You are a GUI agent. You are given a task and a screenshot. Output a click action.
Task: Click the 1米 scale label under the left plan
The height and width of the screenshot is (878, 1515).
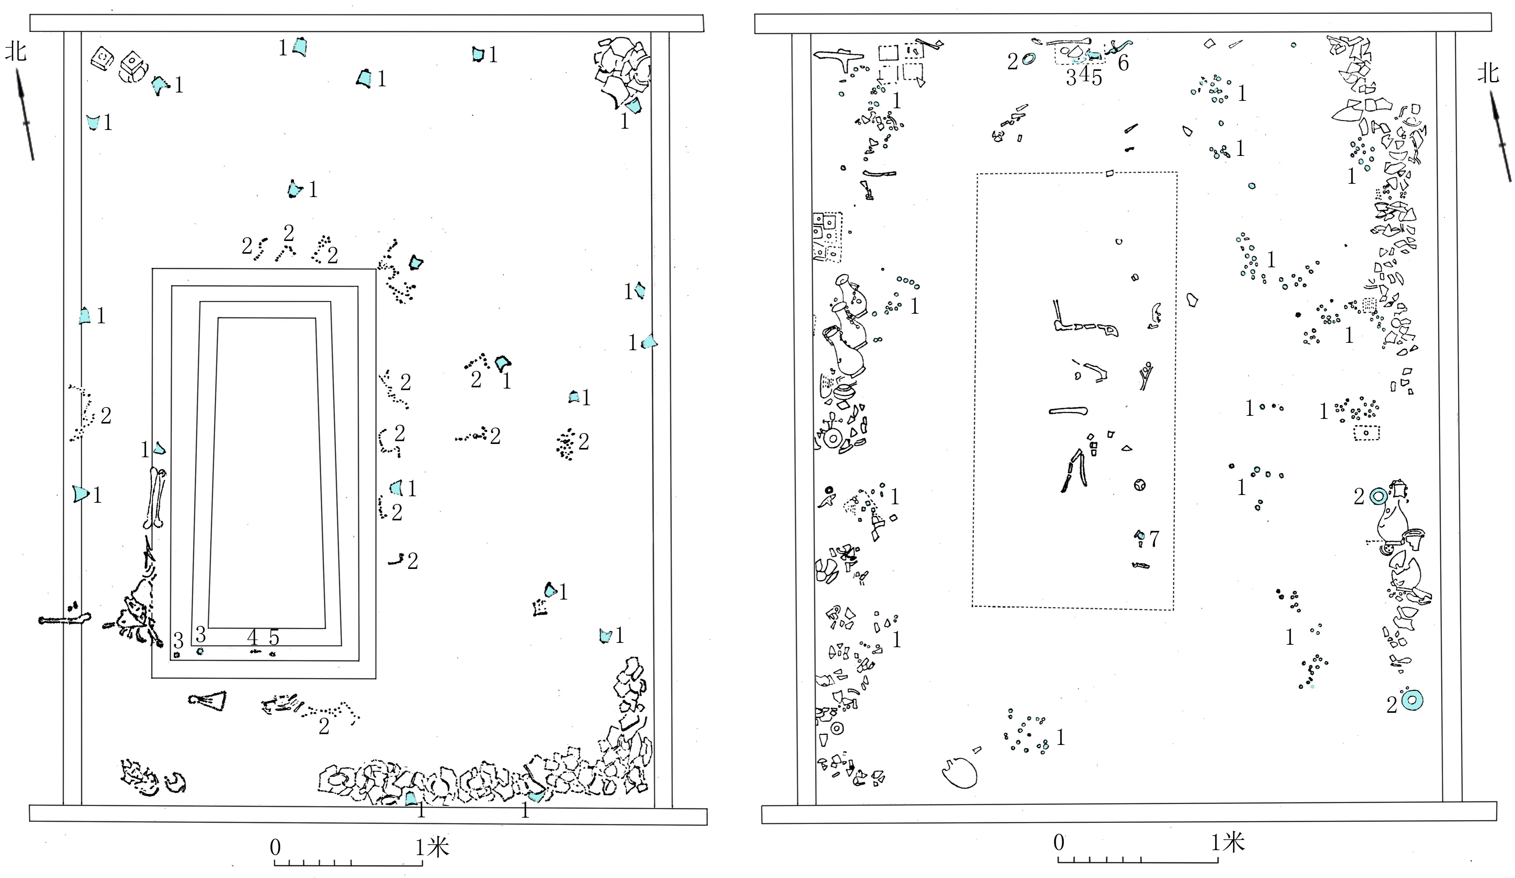click(x=432, y=847)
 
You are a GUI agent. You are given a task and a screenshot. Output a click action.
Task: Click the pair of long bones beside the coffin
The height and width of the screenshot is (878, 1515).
click(x=157, y=498)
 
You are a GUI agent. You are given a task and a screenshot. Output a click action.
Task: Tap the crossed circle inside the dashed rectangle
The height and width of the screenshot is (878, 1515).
click(x=1139, y=485)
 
